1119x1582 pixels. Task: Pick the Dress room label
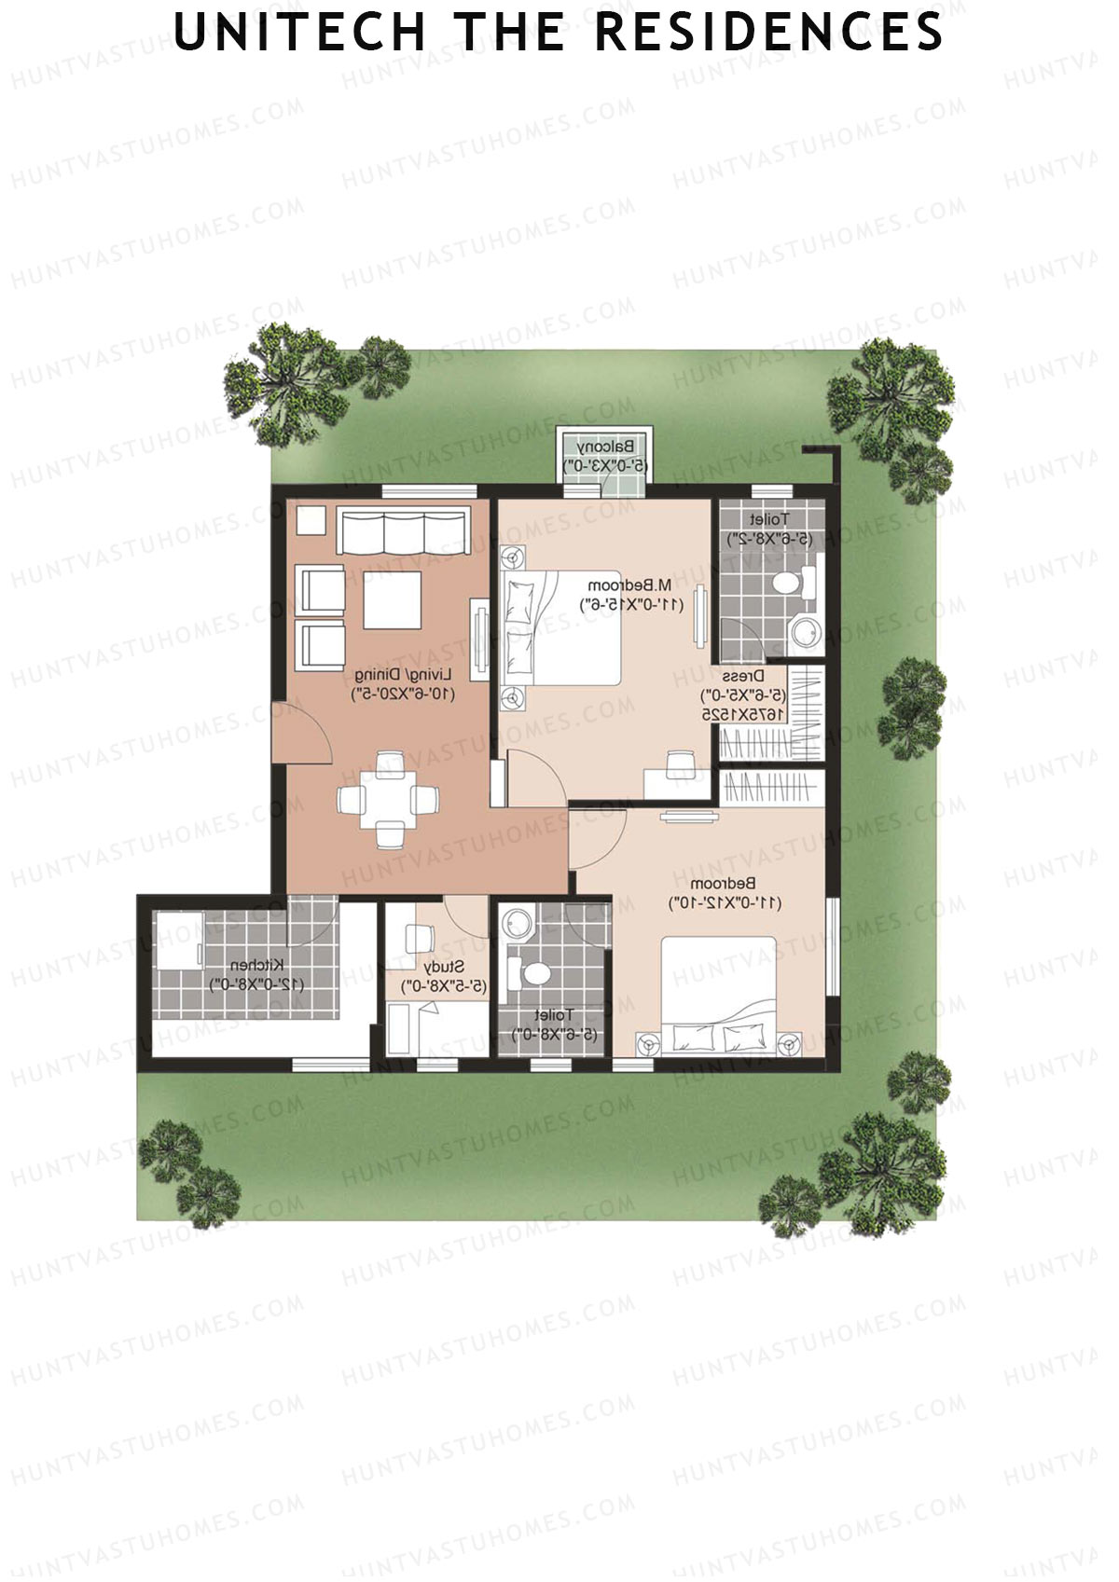point(743,676)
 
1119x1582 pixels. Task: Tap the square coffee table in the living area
point(392,599)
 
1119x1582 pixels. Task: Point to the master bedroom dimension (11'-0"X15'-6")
point(633,604)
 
